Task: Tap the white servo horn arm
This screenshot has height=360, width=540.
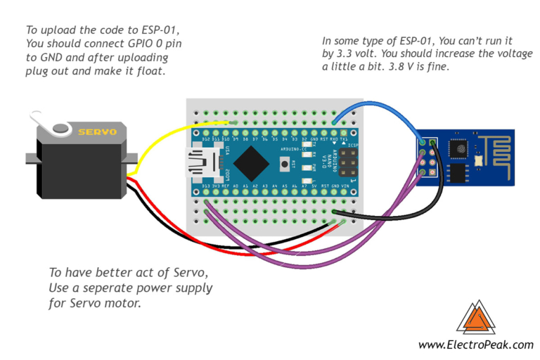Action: [52, 127]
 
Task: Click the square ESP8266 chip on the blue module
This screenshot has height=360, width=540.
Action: [458, 148]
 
